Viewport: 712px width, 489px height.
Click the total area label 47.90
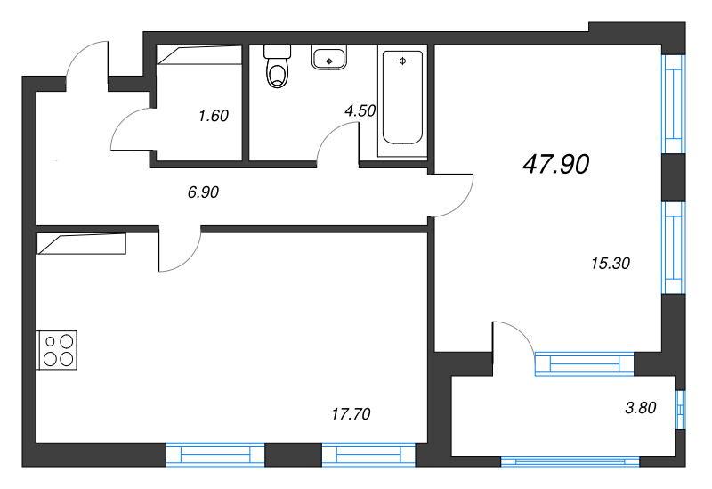click(557, 165)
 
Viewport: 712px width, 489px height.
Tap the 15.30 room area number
click(610, 263)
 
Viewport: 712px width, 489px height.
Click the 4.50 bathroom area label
click(360, 111)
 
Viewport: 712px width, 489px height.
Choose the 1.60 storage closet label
click(214, 115)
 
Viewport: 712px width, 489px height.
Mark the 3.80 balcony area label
click(641, 409)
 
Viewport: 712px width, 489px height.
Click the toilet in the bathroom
click(279, 71)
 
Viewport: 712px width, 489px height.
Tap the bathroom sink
click(329, 59)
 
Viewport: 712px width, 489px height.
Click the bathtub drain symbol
click(403, 61)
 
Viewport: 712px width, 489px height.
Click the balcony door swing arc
click(514, 337)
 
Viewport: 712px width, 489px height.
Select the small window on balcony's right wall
click(680, 410)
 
